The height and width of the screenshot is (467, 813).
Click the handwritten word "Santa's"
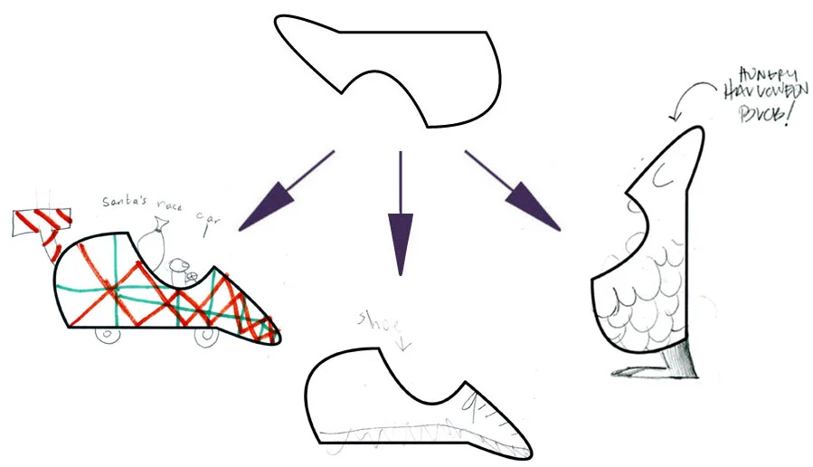pyautogui.click(x=123, y=200)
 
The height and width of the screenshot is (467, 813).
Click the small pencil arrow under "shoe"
pyautogui.click(x=401, y=340)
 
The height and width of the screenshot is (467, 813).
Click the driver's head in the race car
pyautogui.click(x=177, y=266)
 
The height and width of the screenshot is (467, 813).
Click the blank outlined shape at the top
pyautogui.click(x=398, y=68)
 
